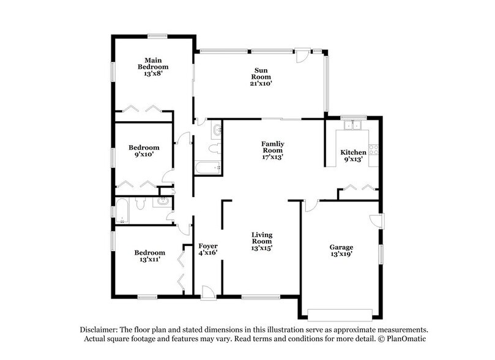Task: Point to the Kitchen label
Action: [x=353, y=152]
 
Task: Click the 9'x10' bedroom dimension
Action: [x=144, y=155]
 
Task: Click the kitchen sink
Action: [x=352, y=126]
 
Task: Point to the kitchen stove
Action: [x=374, y=149]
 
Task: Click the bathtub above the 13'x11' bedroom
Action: [x=122, y=212]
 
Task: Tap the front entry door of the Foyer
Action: [x=208, y=294]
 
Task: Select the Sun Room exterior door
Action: [x=302, y=55]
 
